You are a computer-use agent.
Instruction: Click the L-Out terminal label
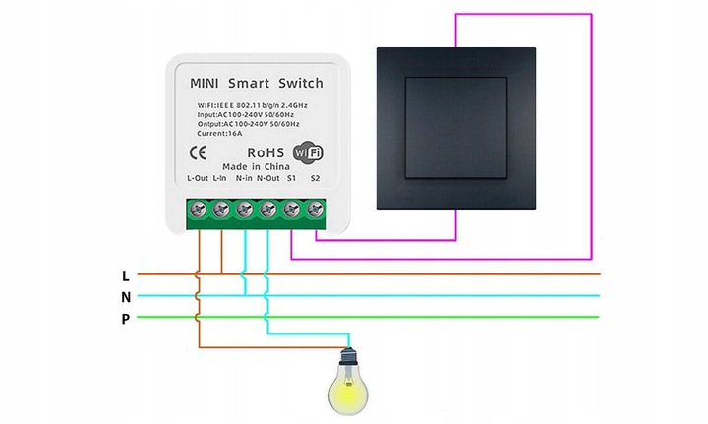(x=197, y=179)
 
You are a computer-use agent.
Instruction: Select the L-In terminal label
(x=220, y=179)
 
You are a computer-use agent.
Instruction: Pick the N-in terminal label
(x=243, y=179)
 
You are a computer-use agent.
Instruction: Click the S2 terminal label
(x=315, y=179)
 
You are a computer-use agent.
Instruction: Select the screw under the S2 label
(x=315, y=210)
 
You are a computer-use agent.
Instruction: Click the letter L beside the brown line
(x=125, y=274)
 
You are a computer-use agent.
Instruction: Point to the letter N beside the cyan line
(x=125, y=296)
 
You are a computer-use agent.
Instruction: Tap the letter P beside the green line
(x=125, y=318)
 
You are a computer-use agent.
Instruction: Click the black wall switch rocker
(x=456, y=132)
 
